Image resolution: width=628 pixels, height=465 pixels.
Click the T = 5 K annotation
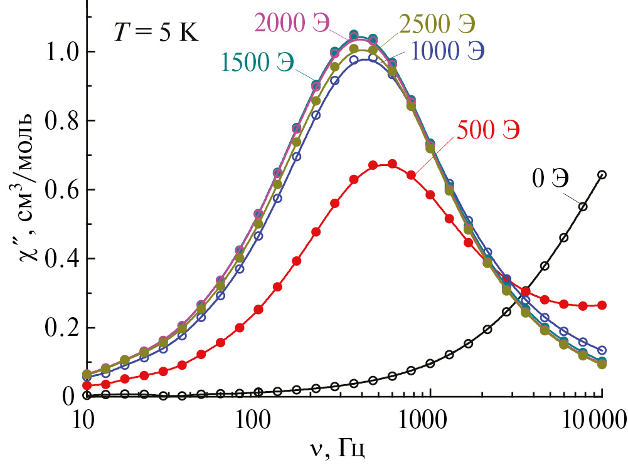[155, 32]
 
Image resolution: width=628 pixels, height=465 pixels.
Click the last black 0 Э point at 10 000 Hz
[602, 175]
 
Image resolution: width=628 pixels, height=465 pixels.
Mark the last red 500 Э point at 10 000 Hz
[602, 305]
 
